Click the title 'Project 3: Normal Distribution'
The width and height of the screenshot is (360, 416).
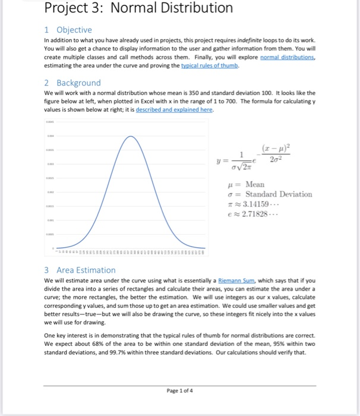pyautogui.click(x=139, y=9)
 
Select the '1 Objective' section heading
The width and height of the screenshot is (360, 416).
pyautogui.click(x=68, y=30)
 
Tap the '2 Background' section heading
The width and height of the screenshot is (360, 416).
pyautogui.click(x=72, y=83)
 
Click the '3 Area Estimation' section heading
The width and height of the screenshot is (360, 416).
pyautogui.click(x=80, y=270)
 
